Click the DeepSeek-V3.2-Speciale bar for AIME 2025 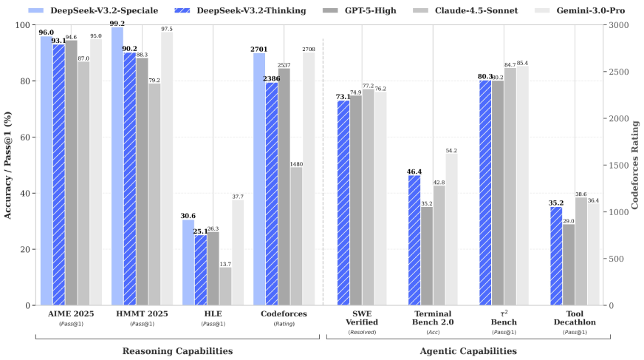click(x=46, y=170)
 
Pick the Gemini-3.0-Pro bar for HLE click(x=238, y=252)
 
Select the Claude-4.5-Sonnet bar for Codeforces click(x=295, y=236)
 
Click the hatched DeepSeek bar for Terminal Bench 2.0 click(x=414, y=240)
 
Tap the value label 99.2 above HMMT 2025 click(x=117, y=23)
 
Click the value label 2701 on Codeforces click(x=258, y=48)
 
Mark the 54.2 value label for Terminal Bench click(x=451, y=150)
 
